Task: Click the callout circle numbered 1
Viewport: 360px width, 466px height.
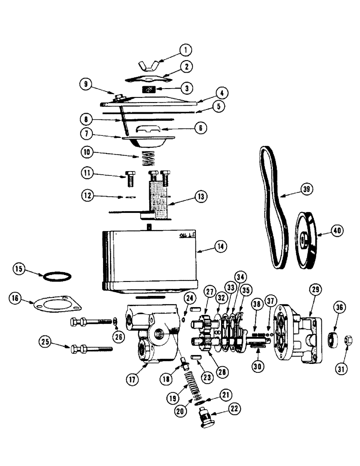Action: tap(185, 49)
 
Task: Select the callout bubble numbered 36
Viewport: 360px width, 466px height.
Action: tap(340, 308)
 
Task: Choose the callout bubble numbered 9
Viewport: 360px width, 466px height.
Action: tap(85, 85)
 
